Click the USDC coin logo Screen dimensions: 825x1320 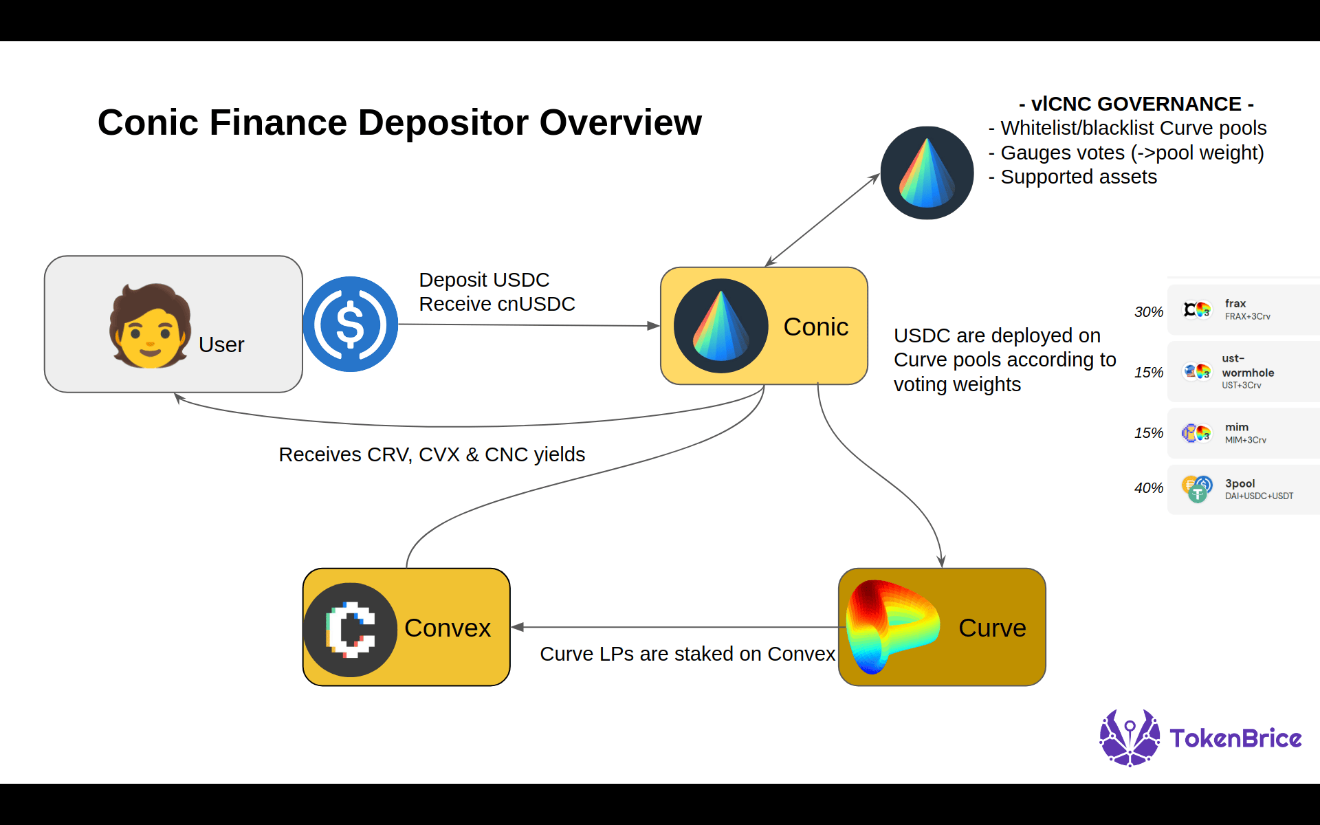pyautogui.click(x=351, y=324)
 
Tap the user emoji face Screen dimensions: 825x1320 pyautogui.click(x=150, y=327)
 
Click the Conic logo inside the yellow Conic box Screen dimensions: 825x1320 pyautogui.click(x=720, y=326)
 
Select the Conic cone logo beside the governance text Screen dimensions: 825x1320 pyautogui.click(x=927, y=173)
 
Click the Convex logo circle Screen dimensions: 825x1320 pyautogui.click(x=351, y=630)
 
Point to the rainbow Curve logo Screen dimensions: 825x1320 pyautogui.click(x=891, y=626)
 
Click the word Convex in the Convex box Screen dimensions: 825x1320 pyautogui.click(x=448, y=628)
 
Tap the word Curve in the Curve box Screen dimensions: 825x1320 pyautogui.click(x=991, y=628)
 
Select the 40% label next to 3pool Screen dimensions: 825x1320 pyautogui.click(x=1148, y=488)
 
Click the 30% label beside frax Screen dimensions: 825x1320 pyautogui.click(x=1148, y=312)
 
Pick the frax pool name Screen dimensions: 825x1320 pyautogui.click(x=1235, y=303)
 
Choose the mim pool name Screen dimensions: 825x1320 pyautogui.click(x=1236, y=427)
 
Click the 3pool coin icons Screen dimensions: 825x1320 pyautogui.click(x=1197, y=489)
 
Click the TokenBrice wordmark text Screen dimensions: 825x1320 pyautogui.click(x=1235, y=738)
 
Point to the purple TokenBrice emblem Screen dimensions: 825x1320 pyautogui.click(x=1130, y=738)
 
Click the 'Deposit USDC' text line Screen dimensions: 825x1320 pyautogui.click(x=484, y=280)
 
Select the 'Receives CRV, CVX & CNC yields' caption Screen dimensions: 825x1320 pyautogui.click(x=432, y=454)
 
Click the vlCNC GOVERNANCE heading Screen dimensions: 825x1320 pyautogui.click(x=1136, y=104)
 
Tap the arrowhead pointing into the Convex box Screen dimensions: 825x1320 pyautogui.click(x=517, y=627)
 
